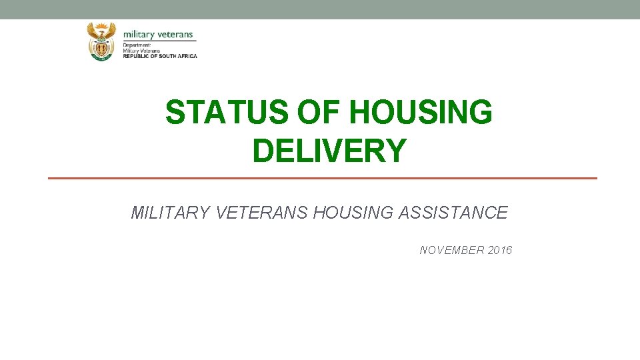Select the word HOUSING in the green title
coord(421,112)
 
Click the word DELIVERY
coord(329,151)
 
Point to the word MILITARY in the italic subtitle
coord(169,213)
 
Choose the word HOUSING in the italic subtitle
coord(353,213)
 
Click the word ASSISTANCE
coord(453,213)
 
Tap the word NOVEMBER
coord(452,251)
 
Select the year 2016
coord(500,251)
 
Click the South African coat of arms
coord(101,41)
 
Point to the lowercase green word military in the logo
coord(139,35)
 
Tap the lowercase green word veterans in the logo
coord(176,35)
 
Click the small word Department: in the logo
coord(137,45)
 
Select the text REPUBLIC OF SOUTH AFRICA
coord(160,56)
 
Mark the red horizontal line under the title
coord(323,178)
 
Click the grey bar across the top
coord(320,9)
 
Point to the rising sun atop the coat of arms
coord(101,25)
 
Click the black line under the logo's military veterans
coord(159,41)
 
